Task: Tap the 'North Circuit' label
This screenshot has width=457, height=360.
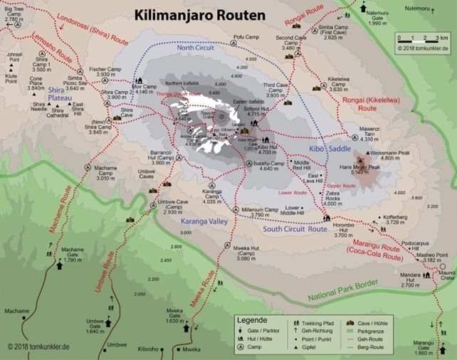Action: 196,48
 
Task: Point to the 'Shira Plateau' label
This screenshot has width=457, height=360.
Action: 61,95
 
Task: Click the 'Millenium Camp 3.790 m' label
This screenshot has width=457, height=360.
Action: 259,212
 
